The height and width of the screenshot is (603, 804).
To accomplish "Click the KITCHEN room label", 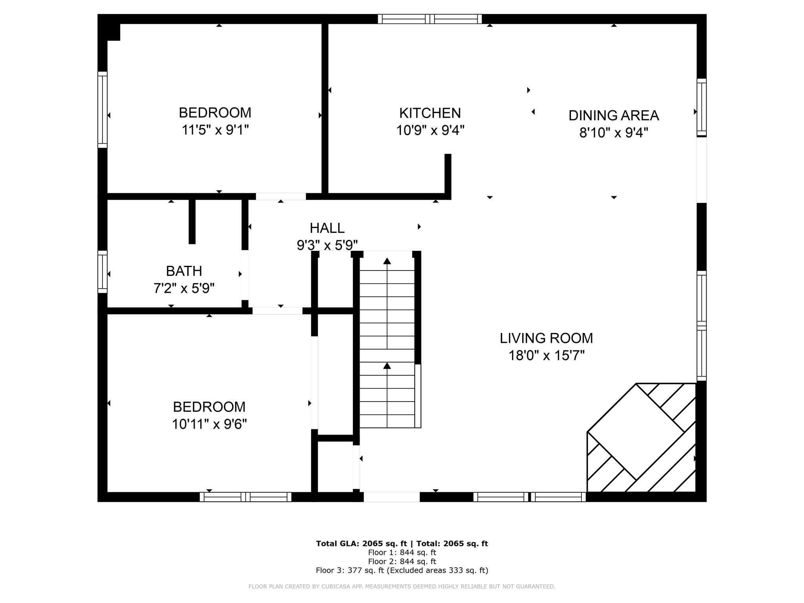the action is tap(430, 113).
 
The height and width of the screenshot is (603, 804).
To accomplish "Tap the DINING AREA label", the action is tap(614, 115).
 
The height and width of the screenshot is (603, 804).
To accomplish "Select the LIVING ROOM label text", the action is tap(546, 338).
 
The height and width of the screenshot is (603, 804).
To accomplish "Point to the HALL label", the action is tap(327, 228).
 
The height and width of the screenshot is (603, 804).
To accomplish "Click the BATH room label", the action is tap(184, 271).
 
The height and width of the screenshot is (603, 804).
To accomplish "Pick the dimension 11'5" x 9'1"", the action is tap(215, 130).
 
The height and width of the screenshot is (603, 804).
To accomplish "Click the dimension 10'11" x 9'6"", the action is tap(209, 424).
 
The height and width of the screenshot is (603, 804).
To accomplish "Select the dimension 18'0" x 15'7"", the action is tap(546, 356).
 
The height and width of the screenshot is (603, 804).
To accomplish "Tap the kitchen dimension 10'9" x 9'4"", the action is tap(430, 130).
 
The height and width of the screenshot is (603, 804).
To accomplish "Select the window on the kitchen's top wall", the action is tap(430, 19).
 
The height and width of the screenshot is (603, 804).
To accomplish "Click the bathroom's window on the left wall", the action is tap(102, 272).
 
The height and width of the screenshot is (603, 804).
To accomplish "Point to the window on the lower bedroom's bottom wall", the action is tap(246, 497).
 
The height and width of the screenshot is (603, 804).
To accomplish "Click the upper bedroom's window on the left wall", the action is tap(102, 110).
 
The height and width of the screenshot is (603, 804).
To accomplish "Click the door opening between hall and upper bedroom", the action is tap(281, 197).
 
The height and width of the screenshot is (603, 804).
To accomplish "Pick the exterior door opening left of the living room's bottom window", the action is tap(392, 497).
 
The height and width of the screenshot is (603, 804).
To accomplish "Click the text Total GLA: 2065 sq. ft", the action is tap(362, 543).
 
